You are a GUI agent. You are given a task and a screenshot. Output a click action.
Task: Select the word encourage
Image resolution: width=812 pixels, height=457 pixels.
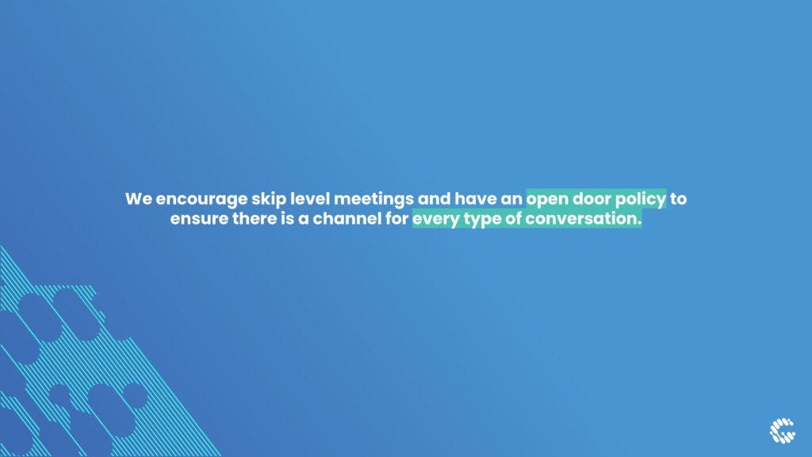click(201, 200)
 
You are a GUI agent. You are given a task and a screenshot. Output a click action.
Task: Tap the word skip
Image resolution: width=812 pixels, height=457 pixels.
click(268, 200)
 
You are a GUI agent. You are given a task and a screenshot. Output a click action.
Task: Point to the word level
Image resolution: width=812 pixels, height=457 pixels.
click(309, 198)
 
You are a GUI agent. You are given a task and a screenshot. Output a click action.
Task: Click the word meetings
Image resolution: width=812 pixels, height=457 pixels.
click(373, 200)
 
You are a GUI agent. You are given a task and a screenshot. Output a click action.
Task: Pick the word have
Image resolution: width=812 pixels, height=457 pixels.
click(475, 198)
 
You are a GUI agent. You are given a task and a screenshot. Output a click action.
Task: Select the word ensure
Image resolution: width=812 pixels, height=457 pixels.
click(199, 219)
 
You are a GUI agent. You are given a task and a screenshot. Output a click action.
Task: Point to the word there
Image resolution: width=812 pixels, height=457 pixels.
click(255, 218)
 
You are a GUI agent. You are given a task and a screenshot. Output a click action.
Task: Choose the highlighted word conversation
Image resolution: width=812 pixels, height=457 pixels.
click(584, 219)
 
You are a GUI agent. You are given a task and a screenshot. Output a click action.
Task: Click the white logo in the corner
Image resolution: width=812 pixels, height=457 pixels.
click(782, 431)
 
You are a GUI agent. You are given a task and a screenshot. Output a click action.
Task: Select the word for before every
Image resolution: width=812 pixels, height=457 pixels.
click(396, 218)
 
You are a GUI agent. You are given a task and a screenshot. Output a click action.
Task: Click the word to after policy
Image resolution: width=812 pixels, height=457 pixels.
click(679, 199)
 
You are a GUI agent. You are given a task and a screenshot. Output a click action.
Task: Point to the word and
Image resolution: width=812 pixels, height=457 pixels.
click(434, 198)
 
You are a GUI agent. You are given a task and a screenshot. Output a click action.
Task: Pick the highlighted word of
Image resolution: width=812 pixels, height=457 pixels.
click(513, 218)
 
